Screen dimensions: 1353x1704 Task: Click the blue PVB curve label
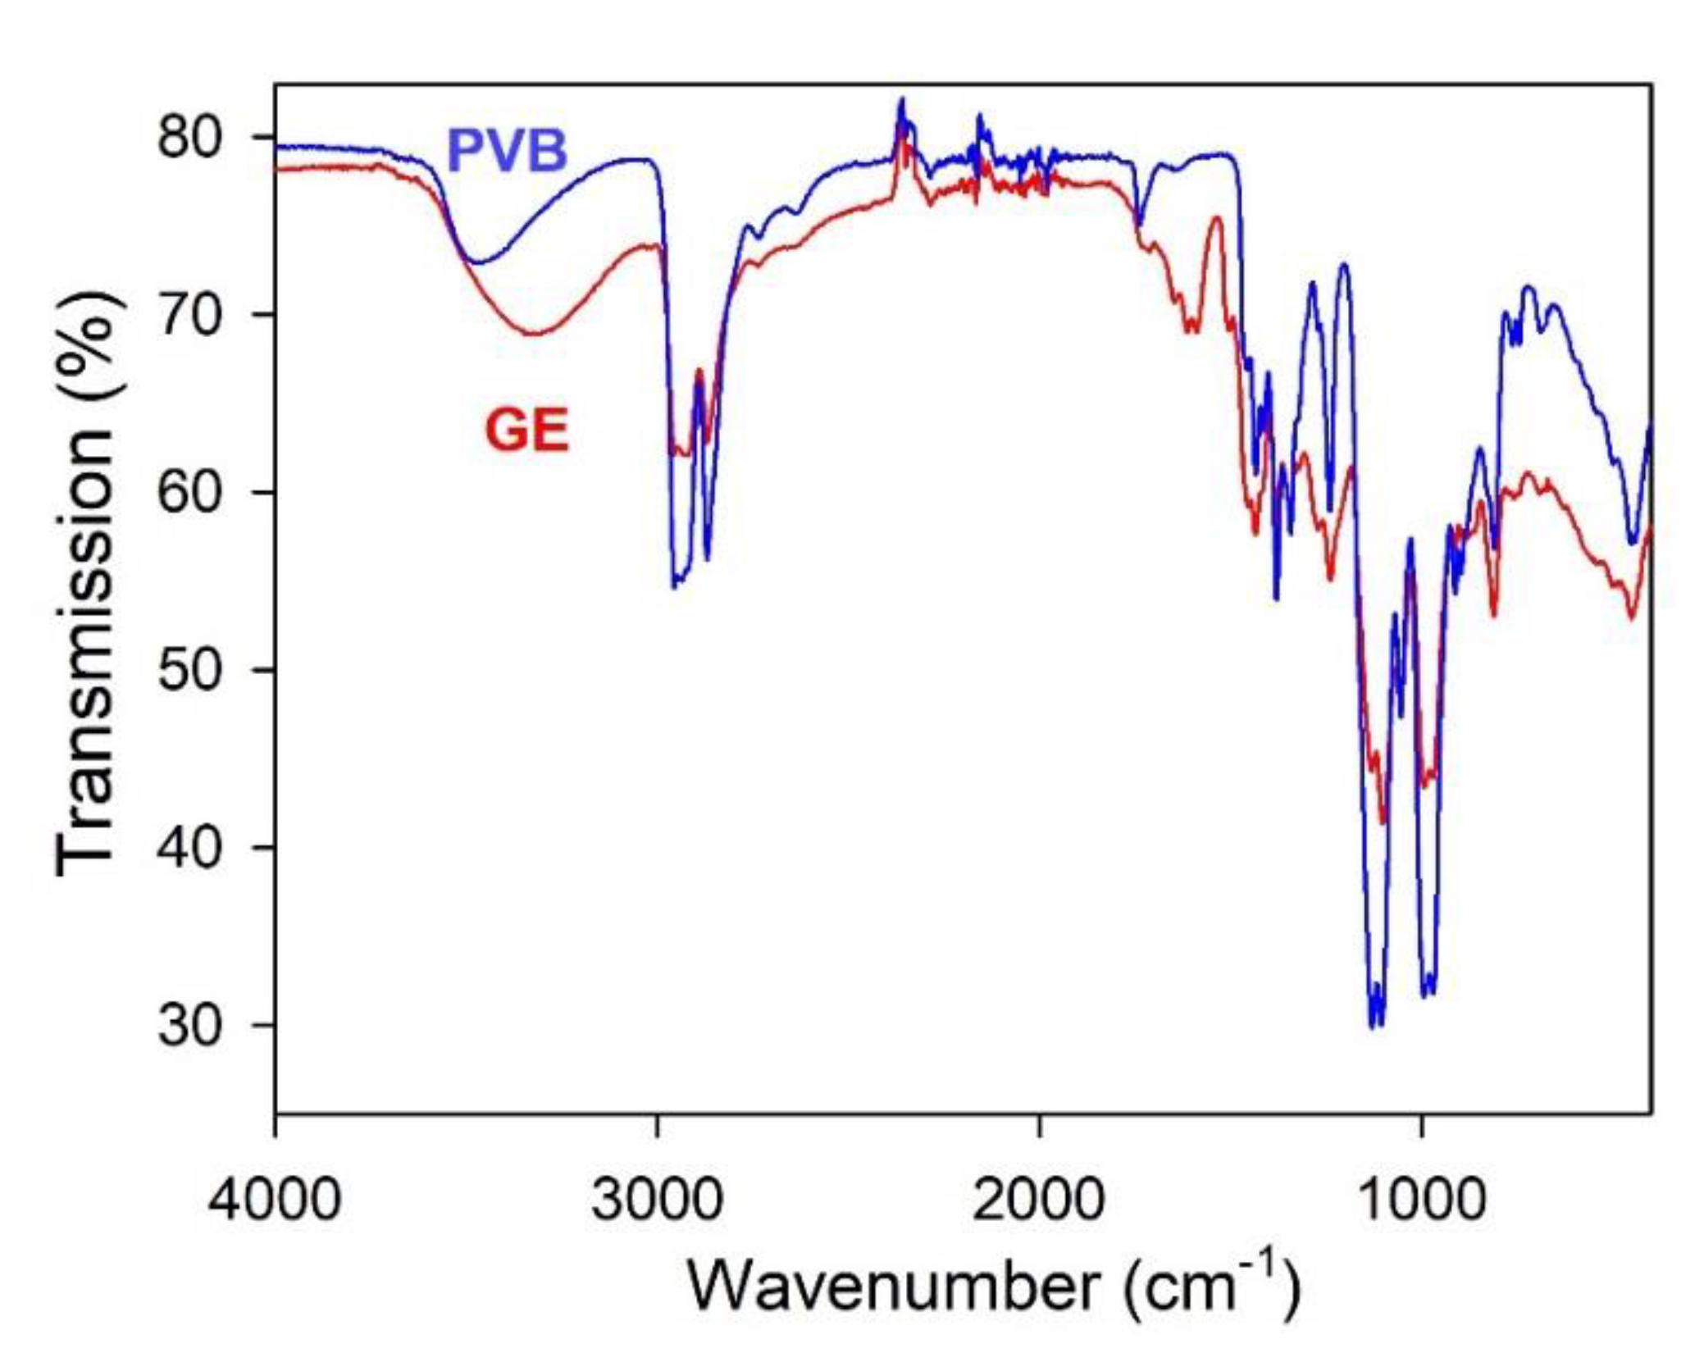507,151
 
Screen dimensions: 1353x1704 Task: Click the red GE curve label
526,430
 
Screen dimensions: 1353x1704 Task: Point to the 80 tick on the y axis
190,137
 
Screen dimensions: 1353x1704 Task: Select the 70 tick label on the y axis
190,315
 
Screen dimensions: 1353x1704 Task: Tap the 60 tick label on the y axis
190,492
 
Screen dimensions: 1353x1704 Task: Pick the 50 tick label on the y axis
190,670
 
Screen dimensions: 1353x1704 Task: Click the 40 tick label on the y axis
190,847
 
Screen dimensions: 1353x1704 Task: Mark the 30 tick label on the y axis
190,1025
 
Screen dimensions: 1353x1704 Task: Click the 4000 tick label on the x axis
274,1199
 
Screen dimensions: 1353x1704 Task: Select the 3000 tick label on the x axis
657,1199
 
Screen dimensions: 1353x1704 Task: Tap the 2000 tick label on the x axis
1039,1199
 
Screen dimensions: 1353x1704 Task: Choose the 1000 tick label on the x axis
1421,1199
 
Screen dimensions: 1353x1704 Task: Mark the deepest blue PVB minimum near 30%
1375,1025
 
